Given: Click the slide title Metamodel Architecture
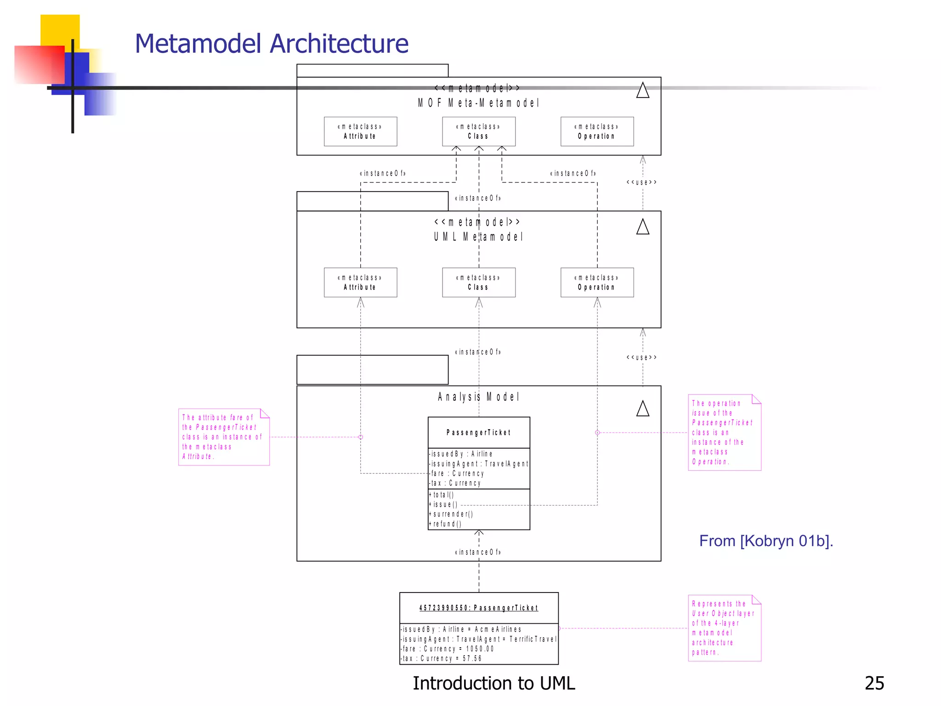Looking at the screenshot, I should [271, 44].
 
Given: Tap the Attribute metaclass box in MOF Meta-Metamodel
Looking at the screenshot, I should [360, 131].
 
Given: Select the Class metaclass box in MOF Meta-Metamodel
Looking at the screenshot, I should [478, 131].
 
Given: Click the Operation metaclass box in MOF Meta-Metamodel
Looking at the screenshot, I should [597, 131].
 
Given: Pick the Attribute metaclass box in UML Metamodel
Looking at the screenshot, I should [360, 282].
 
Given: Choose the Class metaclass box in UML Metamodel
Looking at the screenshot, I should [478, 282].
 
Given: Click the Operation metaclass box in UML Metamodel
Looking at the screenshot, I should [597, 282].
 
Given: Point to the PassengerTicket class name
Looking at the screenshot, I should [478, 433].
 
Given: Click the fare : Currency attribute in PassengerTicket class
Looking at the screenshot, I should [458, 473].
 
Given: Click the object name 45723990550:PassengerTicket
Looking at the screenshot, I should [478, 608].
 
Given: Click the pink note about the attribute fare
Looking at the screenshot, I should [223, 437].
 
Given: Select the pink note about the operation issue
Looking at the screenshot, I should [724, 433].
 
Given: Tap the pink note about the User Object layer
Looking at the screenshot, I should [724, 628].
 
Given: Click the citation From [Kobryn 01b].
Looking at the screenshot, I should [766, 541].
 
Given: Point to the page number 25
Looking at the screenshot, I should [874, 683].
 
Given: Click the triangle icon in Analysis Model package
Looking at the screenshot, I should [642, 409].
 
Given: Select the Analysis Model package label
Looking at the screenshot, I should [478, 397].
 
